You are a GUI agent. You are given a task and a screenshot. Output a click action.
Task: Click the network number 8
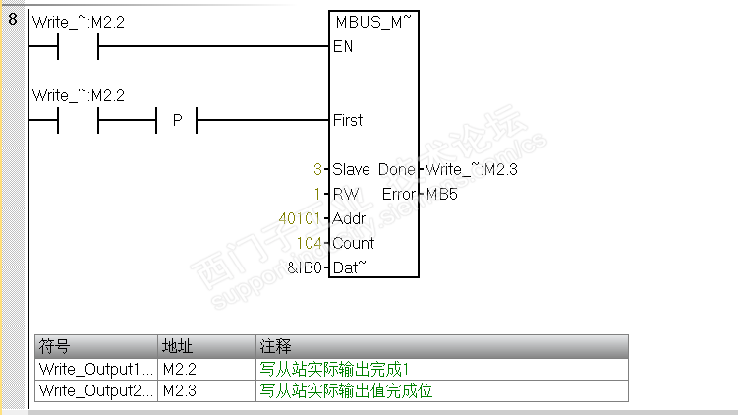click(12, 20)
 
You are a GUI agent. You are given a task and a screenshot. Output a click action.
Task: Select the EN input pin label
click(343, 46)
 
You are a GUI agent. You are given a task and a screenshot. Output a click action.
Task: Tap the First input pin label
click(348, 120)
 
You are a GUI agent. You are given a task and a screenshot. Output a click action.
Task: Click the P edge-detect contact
click(178, 121)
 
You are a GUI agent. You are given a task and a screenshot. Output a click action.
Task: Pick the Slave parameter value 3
click(317, 169)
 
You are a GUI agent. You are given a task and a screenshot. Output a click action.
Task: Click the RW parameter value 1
click(317, 194)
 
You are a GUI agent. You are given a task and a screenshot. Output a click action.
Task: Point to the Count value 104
click(309, 243)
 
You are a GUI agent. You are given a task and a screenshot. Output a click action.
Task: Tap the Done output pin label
click(396, 169)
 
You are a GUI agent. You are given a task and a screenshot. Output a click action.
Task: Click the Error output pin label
click(399, 194)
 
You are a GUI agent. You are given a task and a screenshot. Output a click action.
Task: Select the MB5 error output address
click(441, 194)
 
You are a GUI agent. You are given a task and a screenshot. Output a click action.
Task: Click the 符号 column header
click(54, 346)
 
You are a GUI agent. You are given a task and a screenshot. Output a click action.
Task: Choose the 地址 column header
click(177, 346)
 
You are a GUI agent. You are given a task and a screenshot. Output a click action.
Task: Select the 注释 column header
click(275, 346)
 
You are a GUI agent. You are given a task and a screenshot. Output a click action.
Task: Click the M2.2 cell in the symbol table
click(179, 369)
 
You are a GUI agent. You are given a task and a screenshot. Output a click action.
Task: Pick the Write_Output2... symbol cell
click(95, 390)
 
